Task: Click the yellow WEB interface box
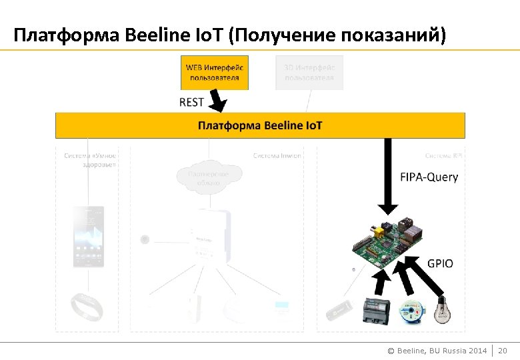point(214,72)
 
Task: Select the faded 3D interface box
point(309,72)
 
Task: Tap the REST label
point(191,103)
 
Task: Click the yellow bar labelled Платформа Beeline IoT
point(260,125)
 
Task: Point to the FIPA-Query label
point(429,177)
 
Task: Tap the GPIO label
point(440,263)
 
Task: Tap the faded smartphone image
point(87,237)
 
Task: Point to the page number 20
point(503,351)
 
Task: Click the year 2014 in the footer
point(477,351)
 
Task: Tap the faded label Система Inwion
point(277,156)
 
